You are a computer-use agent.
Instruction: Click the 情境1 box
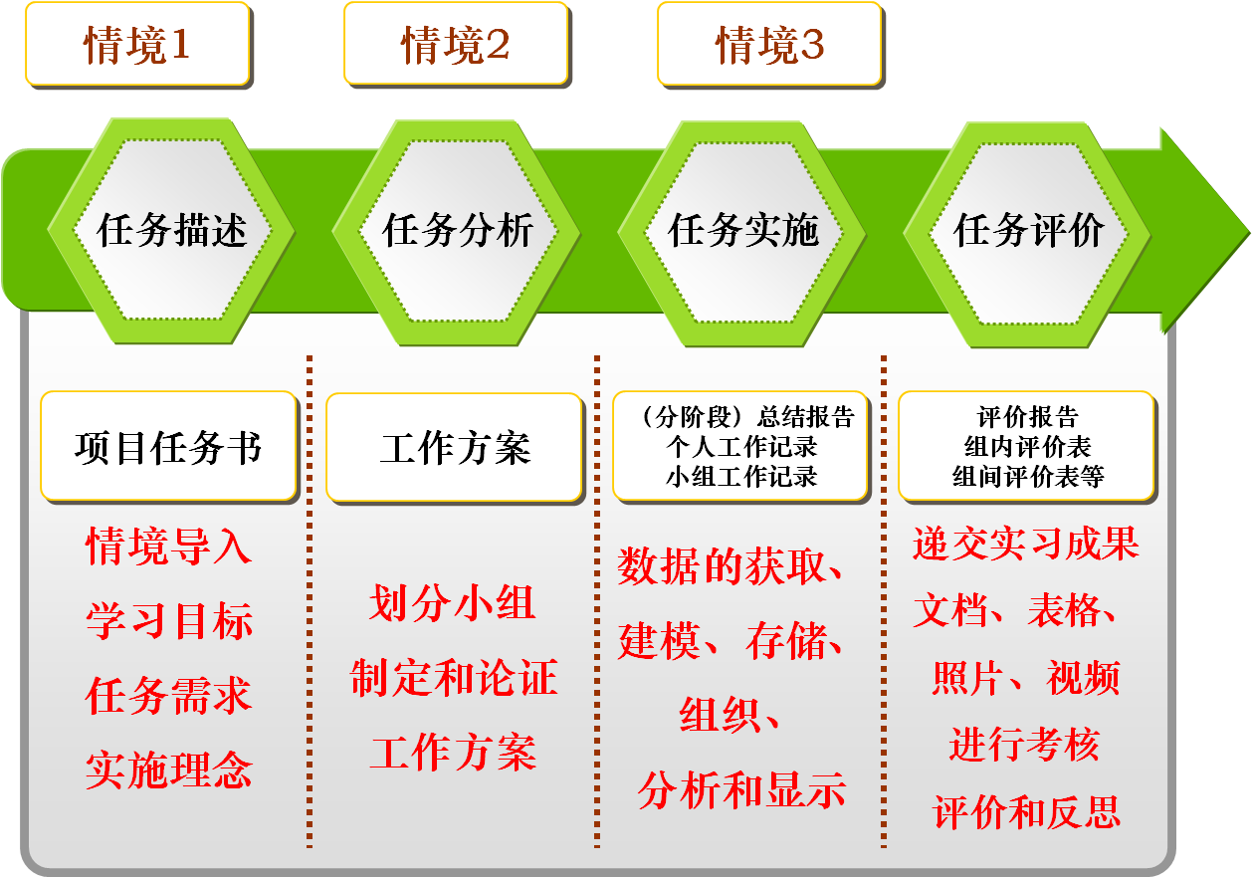(137, 44)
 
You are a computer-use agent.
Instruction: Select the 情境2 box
(456, 44)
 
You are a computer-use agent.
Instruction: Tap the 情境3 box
(769, 44)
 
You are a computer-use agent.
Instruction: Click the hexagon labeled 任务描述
(171, 230)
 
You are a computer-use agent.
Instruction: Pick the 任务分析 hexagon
(457, 232)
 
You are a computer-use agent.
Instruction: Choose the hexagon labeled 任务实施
(742, 234)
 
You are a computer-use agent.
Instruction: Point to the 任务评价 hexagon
(1027, 235)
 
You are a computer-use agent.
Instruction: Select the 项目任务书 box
(169, 447)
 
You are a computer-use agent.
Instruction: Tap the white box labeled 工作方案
(455, 448)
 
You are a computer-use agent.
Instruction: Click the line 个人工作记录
(741, 447)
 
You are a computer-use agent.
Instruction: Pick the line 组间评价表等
(1028, 477)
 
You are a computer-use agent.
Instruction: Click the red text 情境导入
(169, 546)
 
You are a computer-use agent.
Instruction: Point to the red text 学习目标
(169, 621)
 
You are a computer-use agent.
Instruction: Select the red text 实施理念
(169, 770)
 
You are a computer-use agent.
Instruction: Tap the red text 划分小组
(453, 603)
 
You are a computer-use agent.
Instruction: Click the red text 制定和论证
(454, 677)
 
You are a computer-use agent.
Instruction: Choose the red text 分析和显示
(741, 790)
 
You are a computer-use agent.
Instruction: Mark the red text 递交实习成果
(1026, 543)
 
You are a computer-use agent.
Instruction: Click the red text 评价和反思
(1027, 811)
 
